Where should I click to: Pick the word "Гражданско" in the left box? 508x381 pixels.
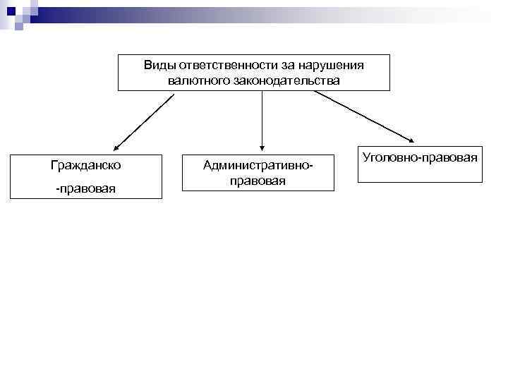pyautogui.click(x=85, y=166)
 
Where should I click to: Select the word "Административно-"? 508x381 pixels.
pyautogui.click(x=257, y=166)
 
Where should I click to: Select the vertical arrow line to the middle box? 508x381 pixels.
pyautogui.click(x=262, y=116)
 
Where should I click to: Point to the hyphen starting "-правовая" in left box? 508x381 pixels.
pyautogui.click(x=58, y=189)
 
